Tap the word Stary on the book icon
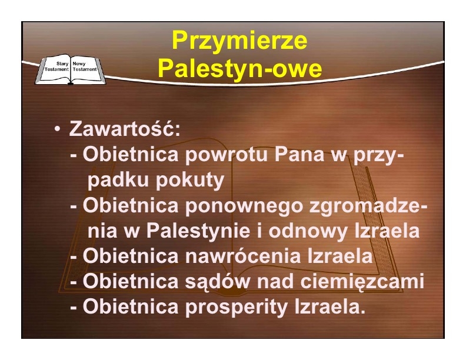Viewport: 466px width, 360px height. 62,64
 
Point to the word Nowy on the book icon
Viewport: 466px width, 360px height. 79,64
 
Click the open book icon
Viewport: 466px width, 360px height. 71,69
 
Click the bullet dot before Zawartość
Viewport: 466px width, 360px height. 57,129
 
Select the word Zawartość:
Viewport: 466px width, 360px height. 125,128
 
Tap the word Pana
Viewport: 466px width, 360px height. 299,154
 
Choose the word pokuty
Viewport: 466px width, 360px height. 189,180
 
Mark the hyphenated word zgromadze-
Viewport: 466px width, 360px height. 368,205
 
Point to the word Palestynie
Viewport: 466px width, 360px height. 198,231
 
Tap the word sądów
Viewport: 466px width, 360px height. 218,282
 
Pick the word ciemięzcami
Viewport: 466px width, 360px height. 362,282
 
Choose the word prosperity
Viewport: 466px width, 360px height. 237,307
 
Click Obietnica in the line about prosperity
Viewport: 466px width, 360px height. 131,306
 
